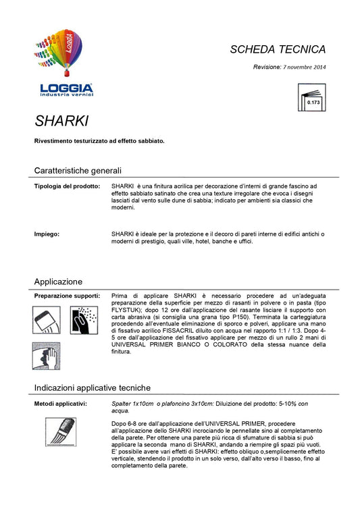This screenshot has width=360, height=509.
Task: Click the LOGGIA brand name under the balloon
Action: (x=66, y=87)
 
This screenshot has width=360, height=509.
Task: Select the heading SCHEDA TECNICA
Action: (x=278, y=49)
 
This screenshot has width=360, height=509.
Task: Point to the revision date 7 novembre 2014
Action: (x=304, y=67)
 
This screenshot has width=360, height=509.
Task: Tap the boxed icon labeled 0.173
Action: (x=313, y=97)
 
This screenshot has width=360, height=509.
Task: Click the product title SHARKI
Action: (x=61, y=122)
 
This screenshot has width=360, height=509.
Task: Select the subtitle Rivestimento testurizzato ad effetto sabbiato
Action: (x=99, y=141)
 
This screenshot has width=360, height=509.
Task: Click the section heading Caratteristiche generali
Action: (x=78, y=170)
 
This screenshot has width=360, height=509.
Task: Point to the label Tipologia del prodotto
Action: (x=67, y=185)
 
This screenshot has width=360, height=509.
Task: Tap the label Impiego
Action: (x=47, y=234)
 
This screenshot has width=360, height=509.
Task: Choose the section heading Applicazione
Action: (x=58, y=281)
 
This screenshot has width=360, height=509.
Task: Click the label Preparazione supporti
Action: (x=67, y=296)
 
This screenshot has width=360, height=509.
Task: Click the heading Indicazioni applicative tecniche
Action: (x=92, y=387)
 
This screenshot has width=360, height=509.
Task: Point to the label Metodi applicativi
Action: (x=60, y=403)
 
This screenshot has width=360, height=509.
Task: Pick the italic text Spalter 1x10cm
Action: (x=132, y=403)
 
